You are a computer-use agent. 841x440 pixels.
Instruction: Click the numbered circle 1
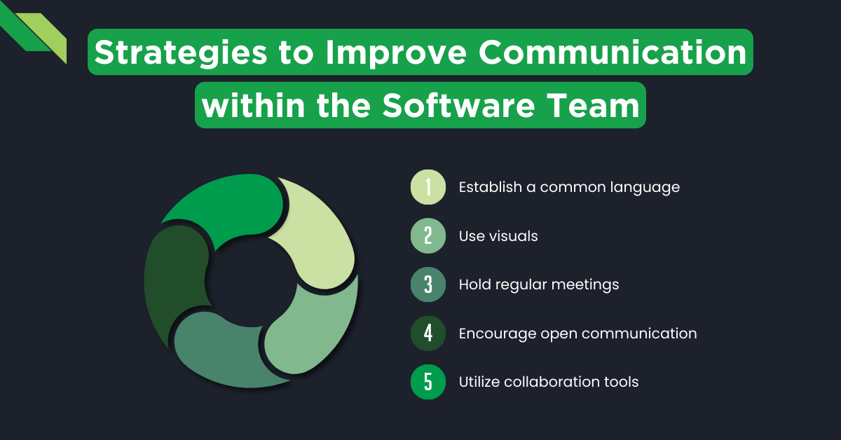(x=428, y=188)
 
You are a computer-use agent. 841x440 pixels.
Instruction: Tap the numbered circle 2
(x=428, y=236)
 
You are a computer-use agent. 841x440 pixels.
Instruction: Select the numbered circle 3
(x=428, y=285)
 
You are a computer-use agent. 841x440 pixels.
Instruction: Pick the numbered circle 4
(x=428, y=334)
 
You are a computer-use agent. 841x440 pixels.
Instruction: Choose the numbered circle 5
(x=428, y=383)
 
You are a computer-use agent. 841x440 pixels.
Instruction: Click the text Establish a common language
(x=569, y=188)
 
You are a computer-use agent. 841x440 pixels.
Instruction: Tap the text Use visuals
(x=498, y=236)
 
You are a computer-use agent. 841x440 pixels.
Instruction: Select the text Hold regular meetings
(x=539, y=285)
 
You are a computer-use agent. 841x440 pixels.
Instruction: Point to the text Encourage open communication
(x=577, y=334)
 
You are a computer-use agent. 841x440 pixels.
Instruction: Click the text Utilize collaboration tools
(x=549, y=383)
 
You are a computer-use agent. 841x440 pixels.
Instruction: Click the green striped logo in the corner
(x=35, y=32)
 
